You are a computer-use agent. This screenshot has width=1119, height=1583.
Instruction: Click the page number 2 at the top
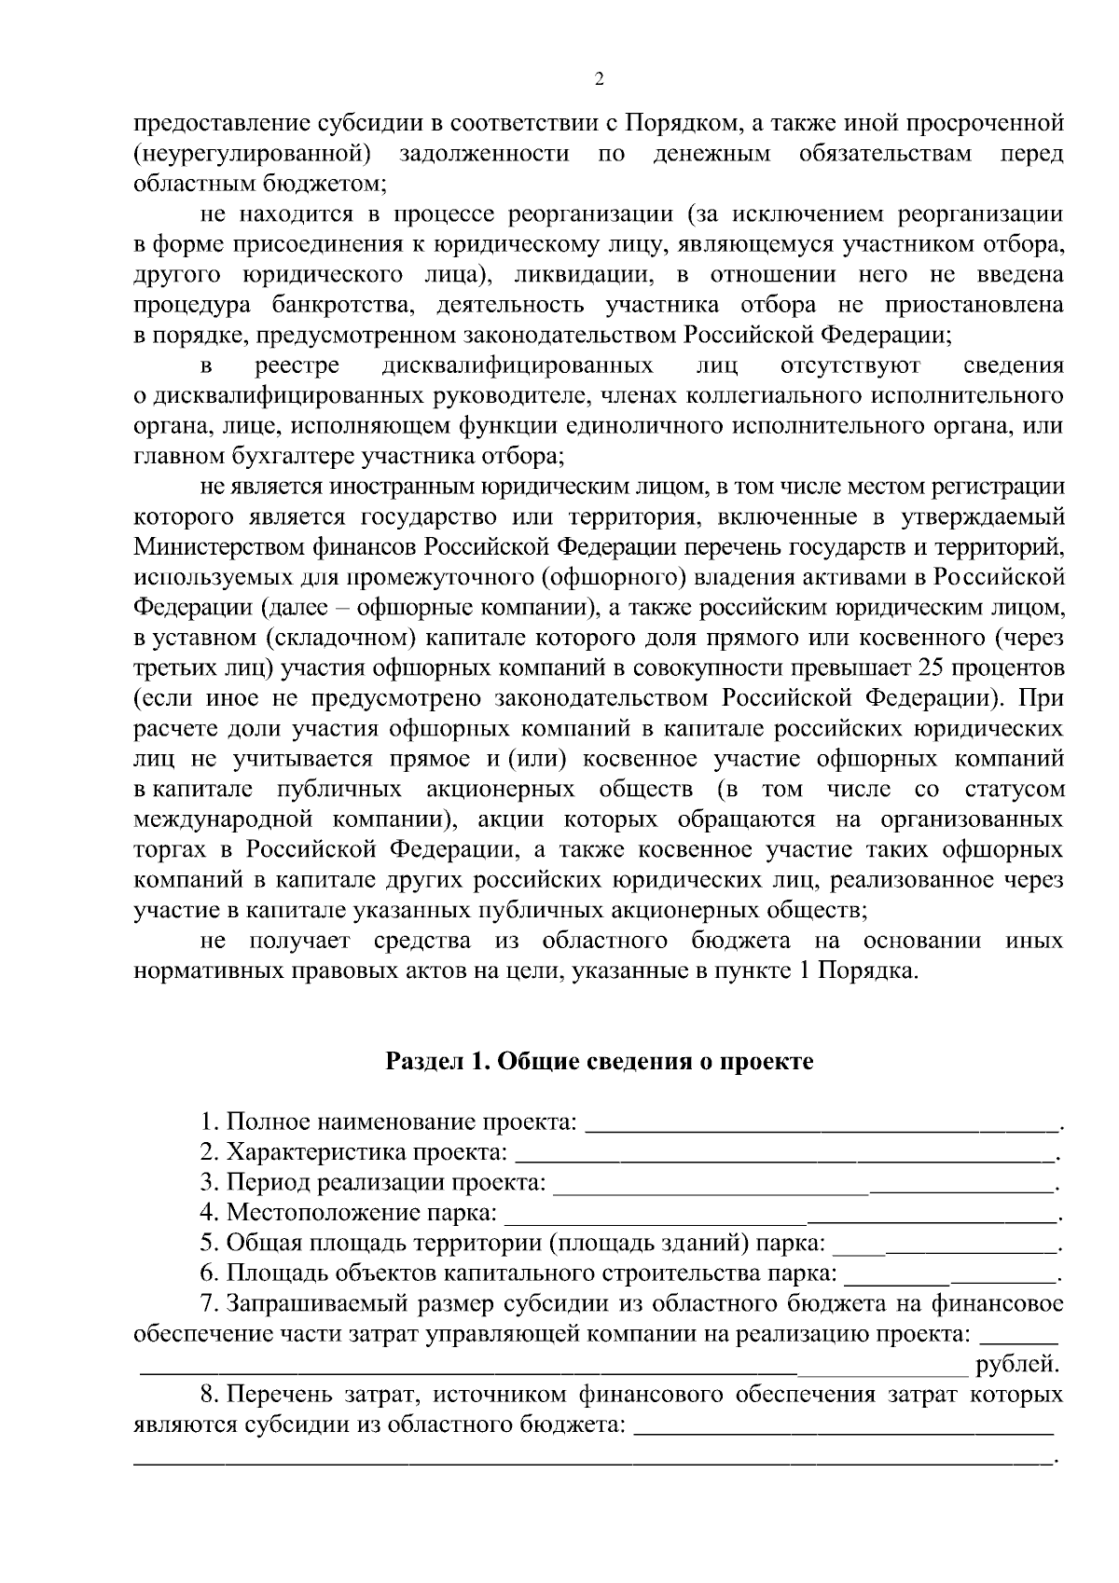[599, 79]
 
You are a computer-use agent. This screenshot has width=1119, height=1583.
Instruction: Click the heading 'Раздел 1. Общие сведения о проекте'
[600, 1062]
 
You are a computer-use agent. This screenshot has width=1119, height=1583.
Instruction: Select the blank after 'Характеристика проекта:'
[783, 1154]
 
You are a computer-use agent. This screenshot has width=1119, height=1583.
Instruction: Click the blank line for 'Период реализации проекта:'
[802, 1184]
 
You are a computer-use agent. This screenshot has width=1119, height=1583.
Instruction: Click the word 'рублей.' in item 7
[1017, 1366]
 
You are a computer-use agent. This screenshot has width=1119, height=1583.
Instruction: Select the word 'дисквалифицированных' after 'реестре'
[518, 365]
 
